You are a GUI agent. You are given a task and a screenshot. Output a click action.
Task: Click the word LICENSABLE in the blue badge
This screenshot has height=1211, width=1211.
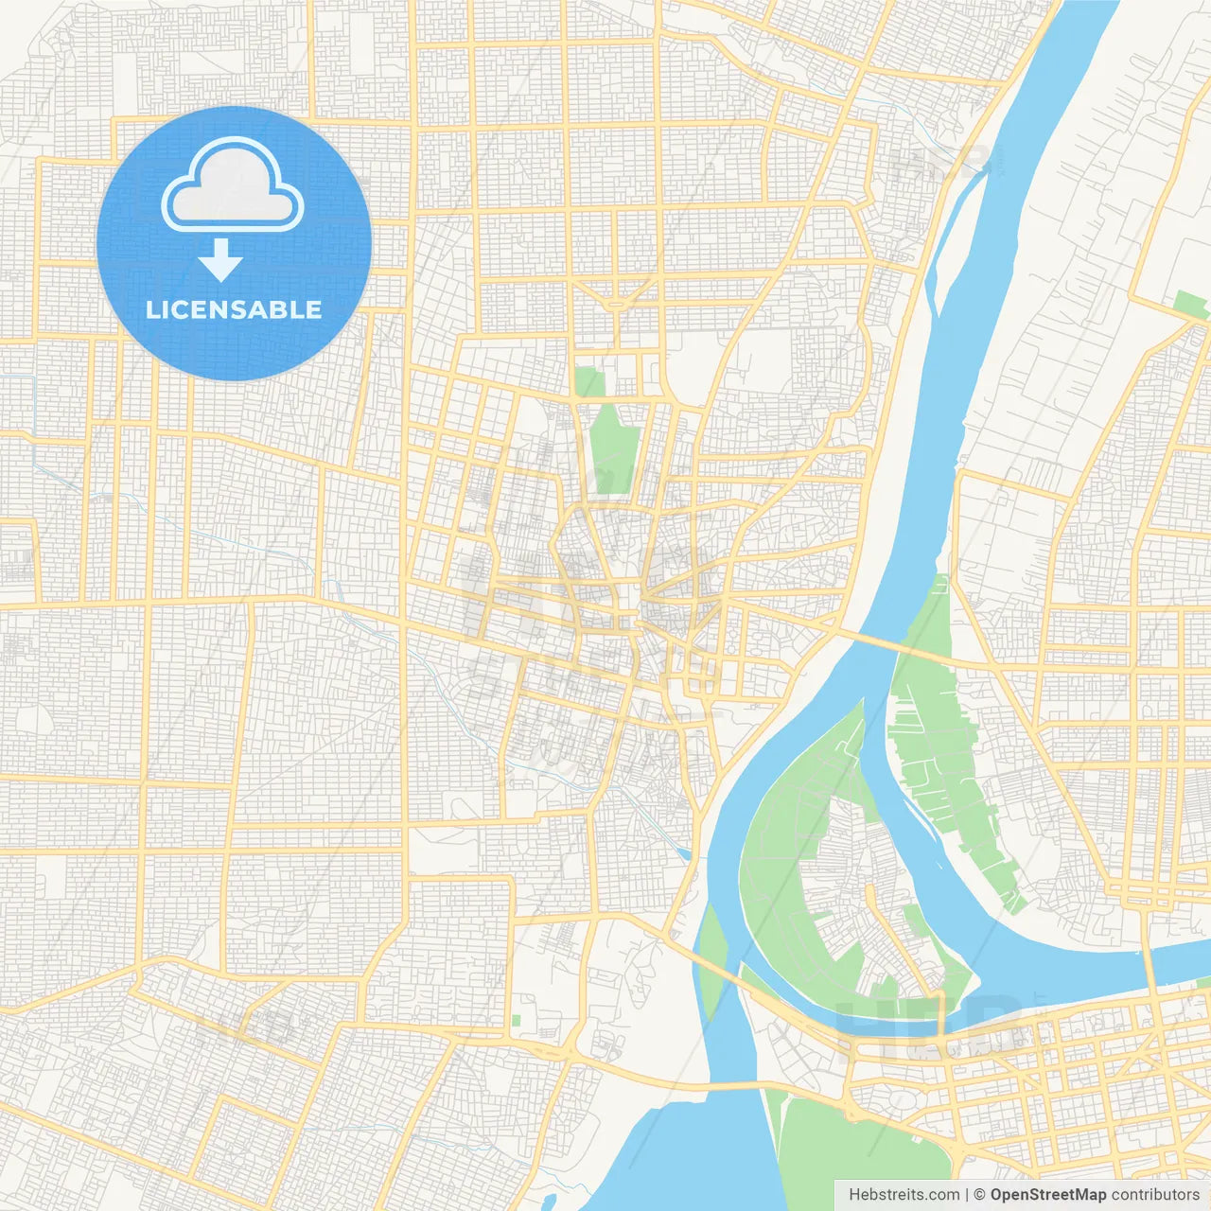[234, 309]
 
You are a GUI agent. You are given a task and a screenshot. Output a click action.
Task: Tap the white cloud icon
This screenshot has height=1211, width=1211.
[233, 185]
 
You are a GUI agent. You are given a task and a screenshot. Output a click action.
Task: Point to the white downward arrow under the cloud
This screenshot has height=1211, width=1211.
[220, 260]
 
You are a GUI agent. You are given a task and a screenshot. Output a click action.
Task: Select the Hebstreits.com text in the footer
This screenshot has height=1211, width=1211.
[904, 1195]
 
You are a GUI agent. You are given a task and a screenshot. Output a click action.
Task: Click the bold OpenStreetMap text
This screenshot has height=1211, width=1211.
[1047, 1195]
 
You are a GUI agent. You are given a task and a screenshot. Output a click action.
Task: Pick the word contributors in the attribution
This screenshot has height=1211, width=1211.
[1154, 1195]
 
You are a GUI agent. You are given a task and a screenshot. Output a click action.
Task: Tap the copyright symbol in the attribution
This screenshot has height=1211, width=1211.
[980, 1195]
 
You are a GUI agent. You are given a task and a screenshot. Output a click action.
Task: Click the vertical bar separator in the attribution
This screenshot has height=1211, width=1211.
[967, 1195]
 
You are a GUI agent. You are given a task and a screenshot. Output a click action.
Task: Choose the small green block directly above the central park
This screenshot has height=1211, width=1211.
[588, 381]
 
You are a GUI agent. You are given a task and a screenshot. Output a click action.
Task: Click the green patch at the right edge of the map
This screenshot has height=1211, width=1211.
[1190, 305]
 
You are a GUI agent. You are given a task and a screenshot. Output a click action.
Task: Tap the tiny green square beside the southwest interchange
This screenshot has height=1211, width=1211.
[516, 1021]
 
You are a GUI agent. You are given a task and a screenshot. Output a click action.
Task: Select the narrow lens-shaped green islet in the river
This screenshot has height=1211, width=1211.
[711, 960]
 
